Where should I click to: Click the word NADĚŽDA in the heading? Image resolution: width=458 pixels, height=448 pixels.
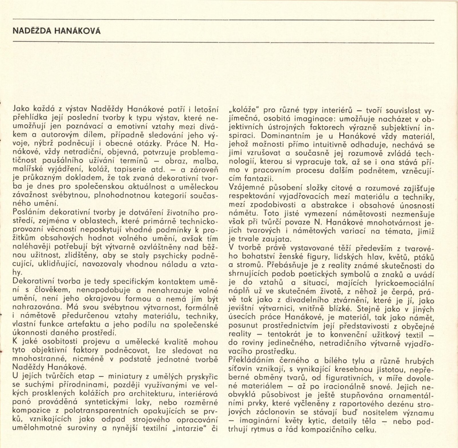pyautogui.click(x=30, y=31)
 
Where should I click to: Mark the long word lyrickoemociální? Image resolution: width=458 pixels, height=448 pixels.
pyautogui.click(x=405, y=283)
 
